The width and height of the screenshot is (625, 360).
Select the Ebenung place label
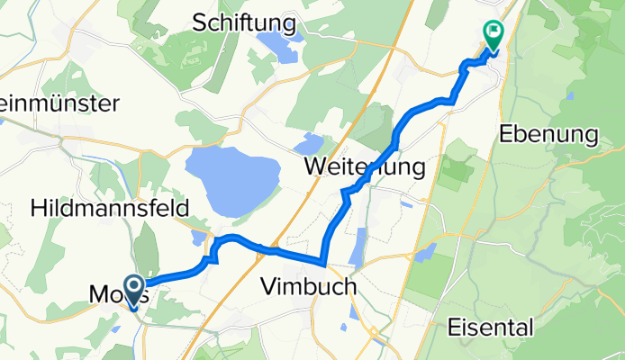(x=548, y=135)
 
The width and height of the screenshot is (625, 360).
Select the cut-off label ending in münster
(x=59, y=103)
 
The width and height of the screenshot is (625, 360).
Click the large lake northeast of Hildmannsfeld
(x=232, y=178)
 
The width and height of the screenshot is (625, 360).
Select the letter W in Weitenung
(x=315, y=166)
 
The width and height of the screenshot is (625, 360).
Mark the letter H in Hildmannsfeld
(x=39, y=208)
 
